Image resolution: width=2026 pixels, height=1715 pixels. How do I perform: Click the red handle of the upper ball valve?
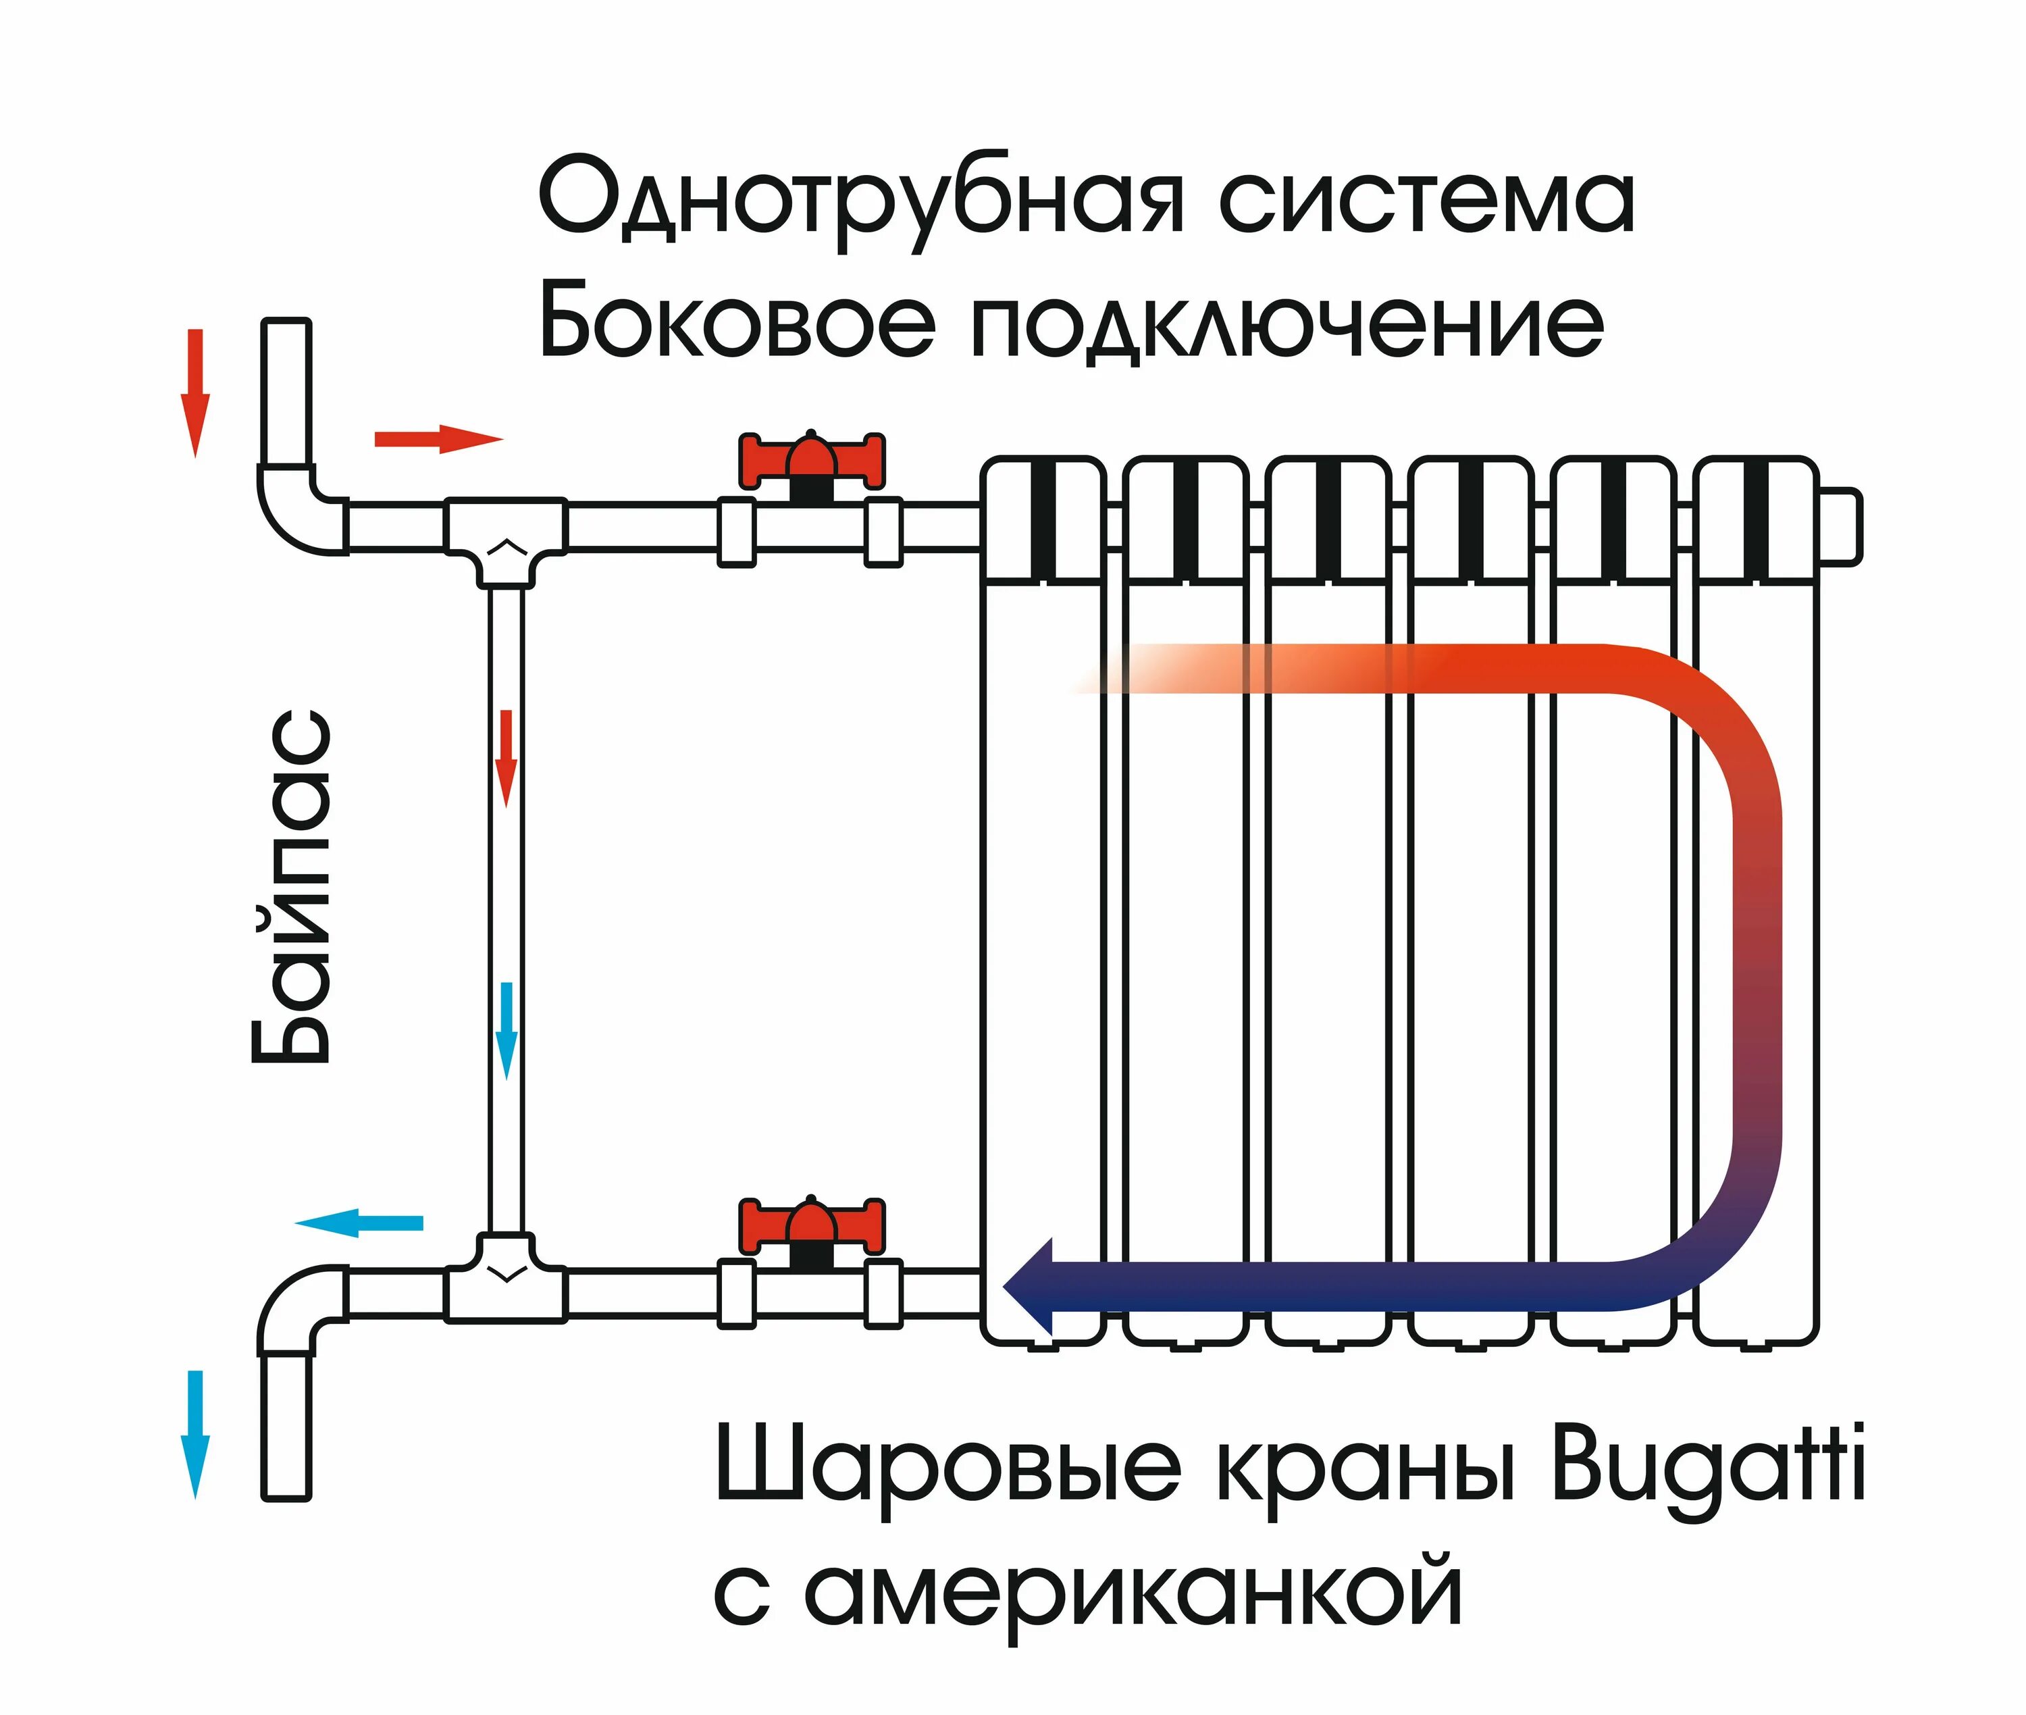[x=812, y=458]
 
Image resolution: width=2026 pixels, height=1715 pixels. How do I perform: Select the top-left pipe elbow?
[x=296, y=511]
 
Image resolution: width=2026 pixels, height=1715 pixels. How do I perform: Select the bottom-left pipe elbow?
[x=296, y=1308]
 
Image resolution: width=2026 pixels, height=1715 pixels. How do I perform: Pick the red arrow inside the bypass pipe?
[x=506, y=759]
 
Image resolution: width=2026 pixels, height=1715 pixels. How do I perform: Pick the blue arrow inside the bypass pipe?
[x=506, y=1031]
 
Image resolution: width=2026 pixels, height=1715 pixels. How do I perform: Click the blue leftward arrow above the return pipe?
[x=360, y=1223]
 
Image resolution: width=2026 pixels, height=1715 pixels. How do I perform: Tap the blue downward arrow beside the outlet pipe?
[x=195, y=1434]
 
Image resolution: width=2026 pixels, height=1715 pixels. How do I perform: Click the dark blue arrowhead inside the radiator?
[x=1031, y=1286]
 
